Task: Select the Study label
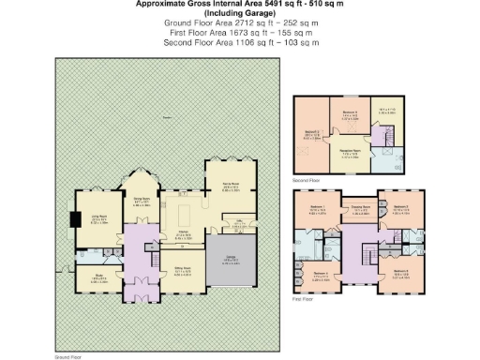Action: coord(98,277)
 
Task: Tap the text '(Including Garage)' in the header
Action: coord(239,12)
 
